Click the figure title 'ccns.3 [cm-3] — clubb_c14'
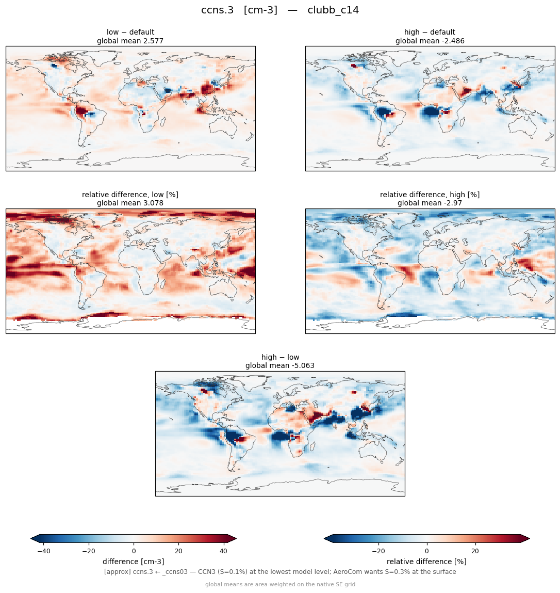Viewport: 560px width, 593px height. (x=280, y=10)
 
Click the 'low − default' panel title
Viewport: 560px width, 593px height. (x=130, y=32)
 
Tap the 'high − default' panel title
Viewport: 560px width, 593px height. (x=430, y=32)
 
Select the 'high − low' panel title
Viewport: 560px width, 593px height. (x=280, y=357)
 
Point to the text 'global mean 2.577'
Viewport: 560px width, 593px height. (x=130, y=41)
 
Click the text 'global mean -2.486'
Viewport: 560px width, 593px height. (x=430, y=41)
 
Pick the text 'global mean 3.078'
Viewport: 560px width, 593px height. (x=130, y=203)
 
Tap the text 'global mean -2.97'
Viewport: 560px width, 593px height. (x=430, y=203)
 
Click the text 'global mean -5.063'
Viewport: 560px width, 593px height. (x=280, y=366)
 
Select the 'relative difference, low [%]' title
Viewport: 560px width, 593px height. (x=130, y=195)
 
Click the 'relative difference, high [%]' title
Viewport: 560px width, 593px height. (x=430, y=195)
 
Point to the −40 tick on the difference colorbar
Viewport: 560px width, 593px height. (x=44, y=551)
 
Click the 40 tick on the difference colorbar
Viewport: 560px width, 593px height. (x=223, y=551)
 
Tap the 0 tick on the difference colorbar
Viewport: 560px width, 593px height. (x=134, y=551)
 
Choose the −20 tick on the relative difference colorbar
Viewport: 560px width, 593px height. (x=378, y=551)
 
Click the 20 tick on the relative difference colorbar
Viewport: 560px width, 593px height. (x=475, y=551)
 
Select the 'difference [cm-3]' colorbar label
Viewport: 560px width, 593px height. (x=134, y=562)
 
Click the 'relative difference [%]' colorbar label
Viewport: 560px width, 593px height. (x=426, y=562)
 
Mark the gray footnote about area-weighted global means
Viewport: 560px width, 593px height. (x=280, y=585)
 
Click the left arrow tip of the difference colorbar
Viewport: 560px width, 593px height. (x=31, y=538)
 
